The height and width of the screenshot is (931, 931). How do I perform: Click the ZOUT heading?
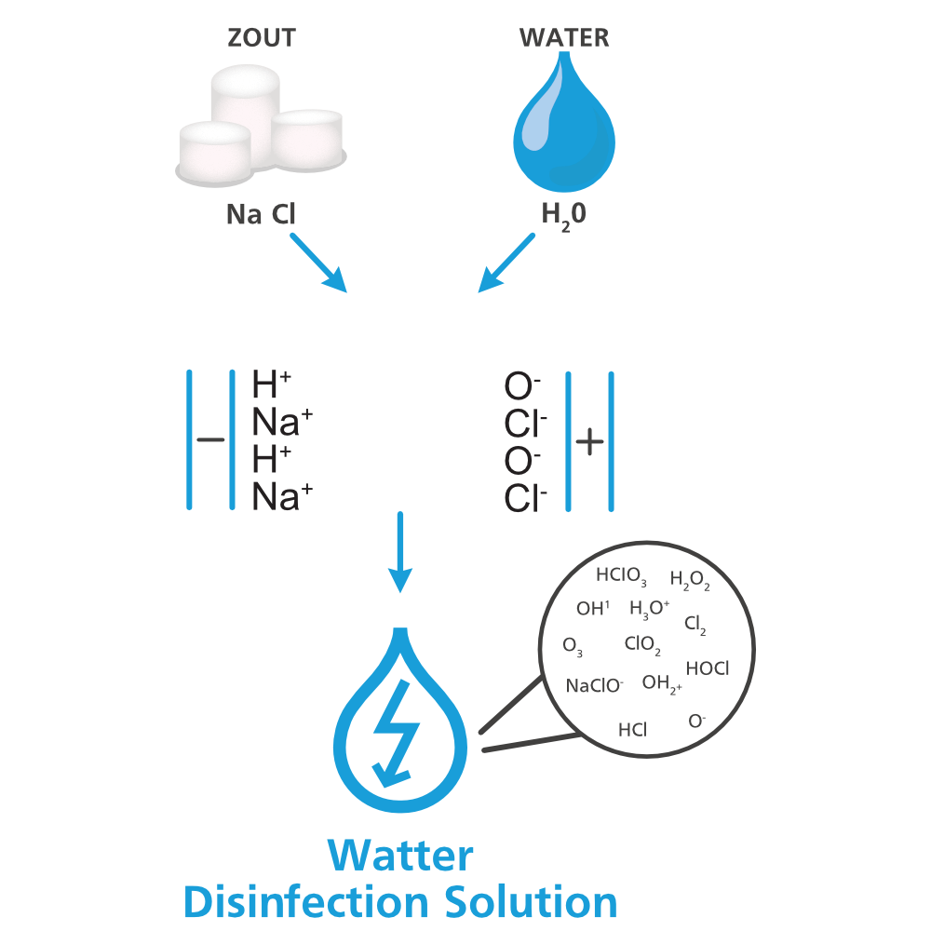[x=262, y=38]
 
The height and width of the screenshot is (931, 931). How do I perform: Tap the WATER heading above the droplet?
[x=564, y=38]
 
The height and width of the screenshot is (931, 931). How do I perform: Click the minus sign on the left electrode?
[x=211, y=440]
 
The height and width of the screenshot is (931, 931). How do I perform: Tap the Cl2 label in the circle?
[x=695, y=625]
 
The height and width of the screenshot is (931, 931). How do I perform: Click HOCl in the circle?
[x=707, y=668]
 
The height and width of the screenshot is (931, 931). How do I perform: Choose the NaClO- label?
[x=594, y=686]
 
